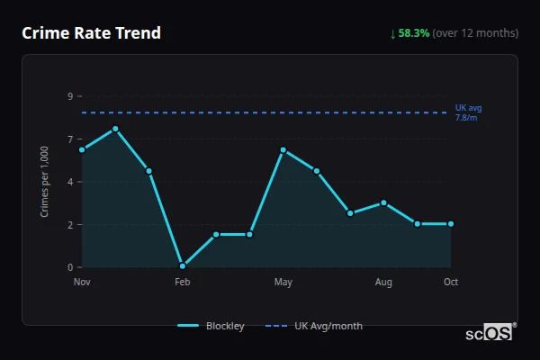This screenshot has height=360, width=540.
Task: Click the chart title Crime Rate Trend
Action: pos(92,33)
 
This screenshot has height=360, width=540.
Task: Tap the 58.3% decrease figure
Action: pos(414,33)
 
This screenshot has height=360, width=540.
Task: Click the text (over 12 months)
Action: pos(475,33)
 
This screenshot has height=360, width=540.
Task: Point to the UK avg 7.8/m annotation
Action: pos(469,112)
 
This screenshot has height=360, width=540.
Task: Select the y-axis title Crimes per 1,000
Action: pos(44,182)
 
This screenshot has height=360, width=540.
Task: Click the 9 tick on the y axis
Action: pos(69,96)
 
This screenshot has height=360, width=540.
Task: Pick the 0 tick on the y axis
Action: pos(69,267)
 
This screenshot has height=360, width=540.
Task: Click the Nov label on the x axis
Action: pos(82,283)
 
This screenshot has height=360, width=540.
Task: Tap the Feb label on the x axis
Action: pos(183,283)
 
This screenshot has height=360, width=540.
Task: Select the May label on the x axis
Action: pos(283,283)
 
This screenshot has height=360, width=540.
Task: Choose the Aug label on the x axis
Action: pos(383,283)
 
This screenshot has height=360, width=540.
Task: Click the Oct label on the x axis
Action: pos(451,283)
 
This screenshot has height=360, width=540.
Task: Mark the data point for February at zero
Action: pos(183,265)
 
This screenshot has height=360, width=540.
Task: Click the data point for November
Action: pos(82,149)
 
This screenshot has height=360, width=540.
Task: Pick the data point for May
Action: pos(283,150)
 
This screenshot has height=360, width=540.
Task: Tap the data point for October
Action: pos(451,223)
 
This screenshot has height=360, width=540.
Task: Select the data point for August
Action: pos(383,202)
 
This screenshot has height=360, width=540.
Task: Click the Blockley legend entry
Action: pos(211,326)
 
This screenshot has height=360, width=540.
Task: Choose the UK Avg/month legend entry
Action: pos(315,326)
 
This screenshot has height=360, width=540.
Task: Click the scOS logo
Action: pos(490,332)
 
